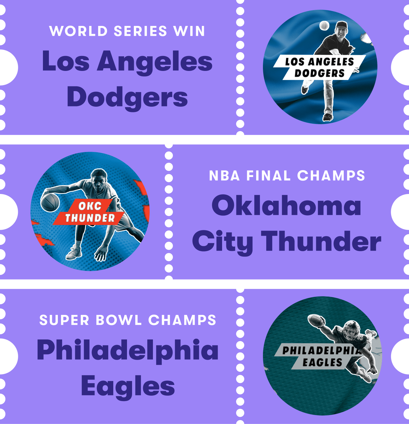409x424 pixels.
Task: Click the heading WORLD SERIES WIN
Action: pos(127,31)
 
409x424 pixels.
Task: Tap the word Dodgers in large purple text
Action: pos(127,97)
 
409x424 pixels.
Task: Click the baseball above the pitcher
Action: pos(324,26)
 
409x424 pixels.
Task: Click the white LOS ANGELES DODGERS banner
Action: pos(319,67)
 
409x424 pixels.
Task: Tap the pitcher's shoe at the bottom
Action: pos(327,117)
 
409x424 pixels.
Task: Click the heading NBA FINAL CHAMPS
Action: pos(287,175)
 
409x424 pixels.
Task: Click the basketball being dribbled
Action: pos(50,202)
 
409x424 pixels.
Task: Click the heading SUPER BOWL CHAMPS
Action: pos(128,320)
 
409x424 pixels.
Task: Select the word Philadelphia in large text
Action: pos(128,350)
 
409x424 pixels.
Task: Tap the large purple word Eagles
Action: pos(128,386)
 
